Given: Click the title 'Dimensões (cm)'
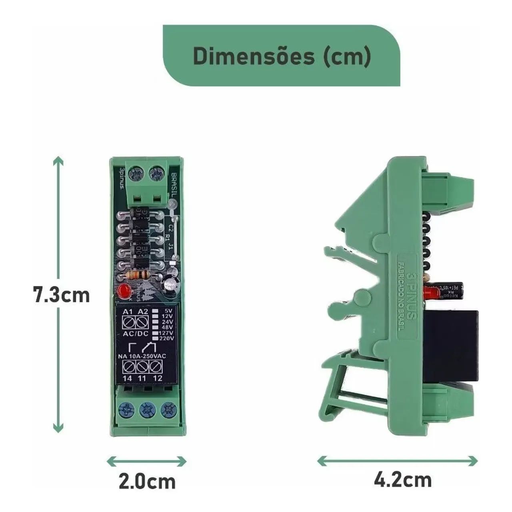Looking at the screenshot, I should (282, 56).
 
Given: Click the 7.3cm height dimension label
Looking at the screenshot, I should (62, 295).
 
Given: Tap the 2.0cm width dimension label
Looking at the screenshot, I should (147, 482).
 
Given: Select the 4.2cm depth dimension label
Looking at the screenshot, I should (403, 479).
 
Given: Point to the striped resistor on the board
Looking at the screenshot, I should (137, 275).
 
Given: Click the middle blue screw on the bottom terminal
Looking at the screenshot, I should (146, 410).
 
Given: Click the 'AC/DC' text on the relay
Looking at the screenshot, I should (136, 334).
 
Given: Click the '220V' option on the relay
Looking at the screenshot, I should (166, 338).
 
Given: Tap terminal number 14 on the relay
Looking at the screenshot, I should (127, 378).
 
